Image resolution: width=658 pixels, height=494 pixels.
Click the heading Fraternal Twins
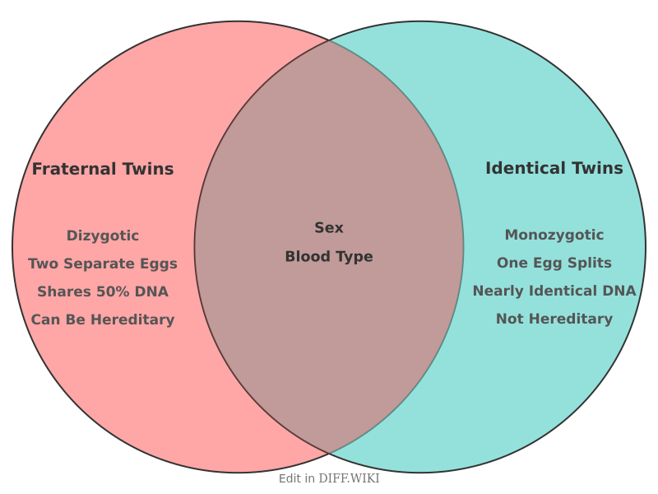(x=103, y=169)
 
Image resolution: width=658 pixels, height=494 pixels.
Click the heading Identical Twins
(x=554, y=168)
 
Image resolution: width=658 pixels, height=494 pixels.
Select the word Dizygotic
(x=103, y=235)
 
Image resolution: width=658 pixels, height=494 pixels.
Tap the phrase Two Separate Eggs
(x=103, y=263)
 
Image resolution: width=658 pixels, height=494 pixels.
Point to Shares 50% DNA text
(x=103, y=291)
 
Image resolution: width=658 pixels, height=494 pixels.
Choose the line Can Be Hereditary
(x=103, y=319)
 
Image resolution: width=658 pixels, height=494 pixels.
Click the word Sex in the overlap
(x=329, y=228)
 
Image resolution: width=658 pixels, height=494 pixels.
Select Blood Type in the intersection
(x=329, y=257)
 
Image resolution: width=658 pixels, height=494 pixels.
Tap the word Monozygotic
(x=554, y=235)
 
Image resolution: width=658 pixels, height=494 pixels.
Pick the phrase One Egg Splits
(x=554, y=263)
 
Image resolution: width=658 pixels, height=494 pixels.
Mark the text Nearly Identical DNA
(x=554, y=291)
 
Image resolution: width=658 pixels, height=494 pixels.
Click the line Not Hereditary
(x=554, y=319)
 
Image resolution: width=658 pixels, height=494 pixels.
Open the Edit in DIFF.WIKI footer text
(x=329, y=478)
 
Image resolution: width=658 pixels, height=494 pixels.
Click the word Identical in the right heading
(x=521, y=168)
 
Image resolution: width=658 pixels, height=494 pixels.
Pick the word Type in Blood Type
(x=355, y=257)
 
